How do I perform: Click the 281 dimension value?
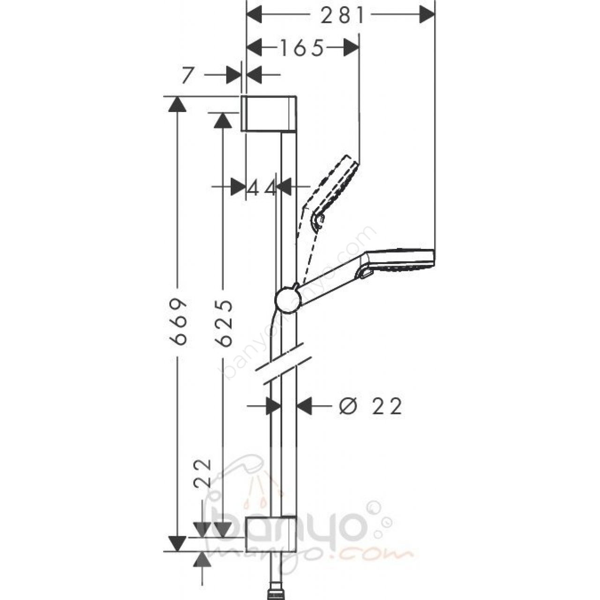click(342, 15)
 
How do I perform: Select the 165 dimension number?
click(301, 48)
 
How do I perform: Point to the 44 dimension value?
click(261, 188)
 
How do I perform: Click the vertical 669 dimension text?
click(179, 322)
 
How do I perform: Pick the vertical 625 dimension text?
click(224, 323)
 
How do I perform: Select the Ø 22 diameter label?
click(370, 406)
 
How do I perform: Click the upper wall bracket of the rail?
click(269, 114)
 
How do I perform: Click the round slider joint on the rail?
click(288, 300)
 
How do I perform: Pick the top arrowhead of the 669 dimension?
click(177, 104)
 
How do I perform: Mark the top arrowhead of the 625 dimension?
click(223, 120)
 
